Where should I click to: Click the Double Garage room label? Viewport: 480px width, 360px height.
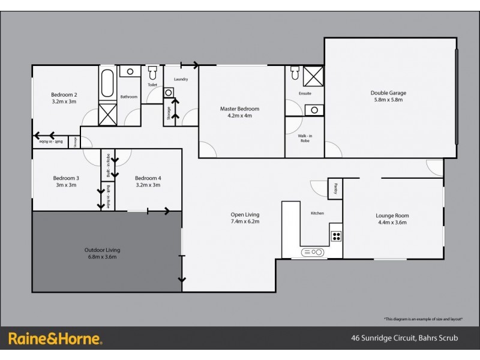(x=389, y=93)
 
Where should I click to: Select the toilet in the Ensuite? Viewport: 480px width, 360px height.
(x=294, y=73)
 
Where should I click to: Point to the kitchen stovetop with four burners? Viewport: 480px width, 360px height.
(x=336, y=236)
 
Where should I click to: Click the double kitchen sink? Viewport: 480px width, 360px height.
(x=313, y=252)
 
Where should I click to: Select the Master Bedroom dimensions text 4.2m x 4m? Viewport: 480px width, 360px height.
(x=239, y=116)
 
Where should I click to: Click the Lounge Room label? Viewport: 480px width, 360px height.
(x=392, y=215)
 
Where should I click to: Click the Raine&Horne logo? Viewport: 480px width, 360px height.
(x=55, y=339)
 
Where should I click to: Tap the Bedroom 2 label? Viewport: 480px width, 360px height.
(x=64, y=94)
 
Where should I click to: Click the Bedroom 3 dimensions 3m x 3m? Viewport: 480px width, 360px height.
(x=66, y=185)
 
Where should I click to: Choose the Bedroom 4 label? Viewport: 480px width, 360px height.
(x=148, y=178)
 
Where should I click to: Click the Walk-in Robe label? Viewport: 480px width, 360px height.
(x=304, y=139)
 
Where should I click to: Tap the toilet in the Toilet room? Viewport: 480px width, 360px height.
(x=152, y=74)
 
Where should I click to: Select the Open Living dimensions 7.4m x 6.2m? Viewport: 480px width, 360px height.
(x=245, y=221)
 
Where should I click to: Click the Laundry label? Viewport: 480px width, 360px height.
(x=181, y=79)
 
